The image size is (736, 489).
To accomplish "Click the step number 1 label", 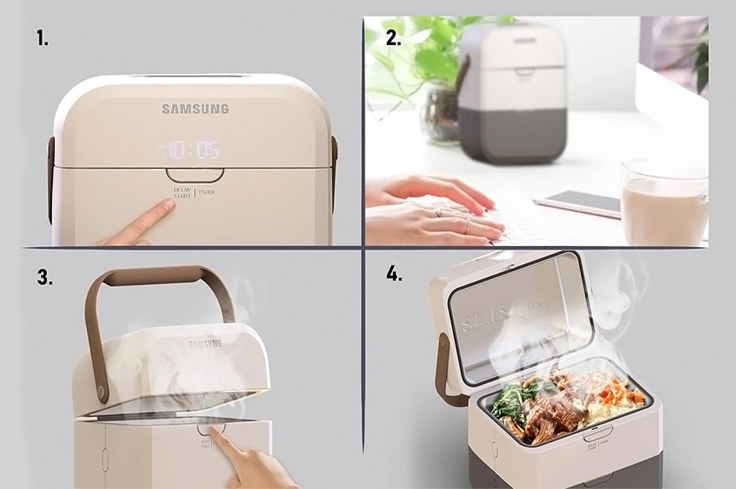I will point(43,39).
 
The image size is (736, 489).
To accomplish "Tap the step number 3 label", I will point(45,277).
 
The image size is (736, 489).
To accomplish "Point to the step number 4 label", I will point(394,274).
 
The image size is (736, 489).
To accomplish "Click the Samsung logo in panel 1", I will point(195,109).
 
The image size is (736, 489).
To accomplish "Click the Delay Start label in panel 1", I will point(182,192).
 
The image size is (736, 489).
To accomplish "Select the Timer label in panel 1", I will point(206,192).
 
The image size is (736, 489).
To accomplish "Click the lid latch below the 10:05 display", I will point(195,174).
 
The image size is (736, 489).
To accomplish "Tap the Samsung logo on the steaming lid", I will point(205,344).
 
